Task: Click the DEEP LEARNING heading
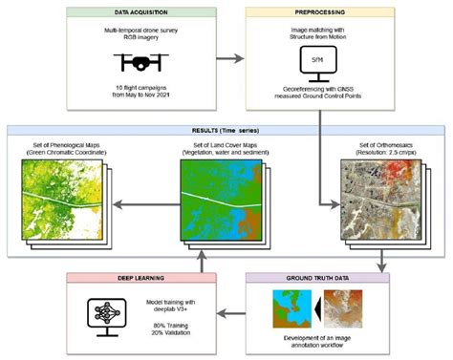click(x=133, y=280)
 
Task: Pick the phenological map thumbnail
click(x=56, y=197)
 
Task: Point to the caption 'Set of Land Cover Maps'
click(x=227, y=146)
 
